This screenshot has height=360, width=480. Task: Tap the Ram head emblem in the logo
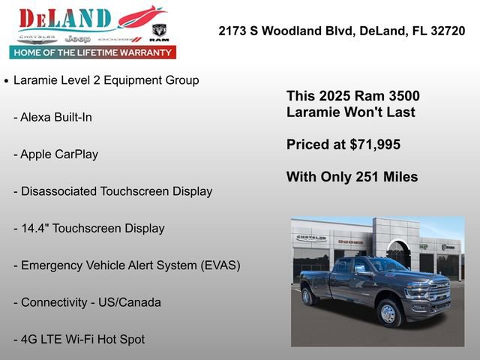pyautogui.click(x=159, y=31)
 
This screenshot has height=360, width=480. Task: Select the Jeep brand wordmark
pyautogui.click(x=77, y=39)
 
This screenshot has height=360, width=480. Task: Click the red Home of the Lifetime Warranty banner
pyautogui.click(x=92, y=52)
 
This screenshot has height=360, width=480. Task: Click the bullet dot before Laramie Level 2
pyautogui.click(x=7, y=80)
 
